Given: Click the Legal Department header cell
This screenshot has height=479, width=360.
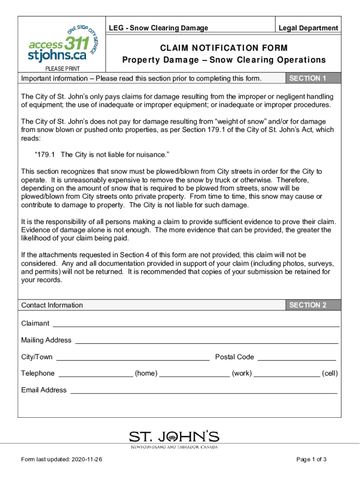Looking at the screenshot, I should tap(308, 28).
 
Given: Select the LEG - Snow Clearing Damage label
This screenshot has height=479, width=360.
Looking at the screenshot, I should tap(158, 28).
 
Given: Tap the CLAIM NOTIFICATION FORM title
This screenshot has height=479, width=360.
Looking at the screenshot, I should tap(224, 48).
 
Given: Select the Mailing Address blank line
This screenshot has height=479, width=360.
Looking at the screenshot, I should tap(206, 341).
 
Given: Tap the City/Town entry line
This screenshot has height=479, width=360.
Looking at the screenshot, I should tap(133, 358).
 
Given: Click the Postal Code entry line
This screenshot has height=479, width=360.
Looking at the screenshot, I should tap(296, 358).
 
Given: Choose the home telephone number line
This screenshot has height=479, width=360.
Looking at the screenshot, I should tap(96, 374).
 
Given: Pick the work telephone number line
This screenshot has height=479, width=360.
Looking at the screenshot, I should tap(194, 374).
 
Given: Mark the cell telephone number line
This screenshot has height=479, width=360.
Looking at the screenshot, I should tap(287, 374).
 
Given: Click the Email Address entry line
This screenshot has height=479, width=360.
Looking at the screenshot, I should tap(203, 391).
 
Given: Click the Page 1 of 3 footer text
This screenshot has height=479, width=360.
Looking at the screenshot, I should tap(311, 459).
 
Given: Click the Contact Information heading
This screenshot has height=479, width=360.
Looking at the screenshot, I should tap(52, 305).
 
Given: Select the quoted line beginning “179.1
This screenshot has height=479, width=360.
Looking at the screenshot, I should tap(102, 155).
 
